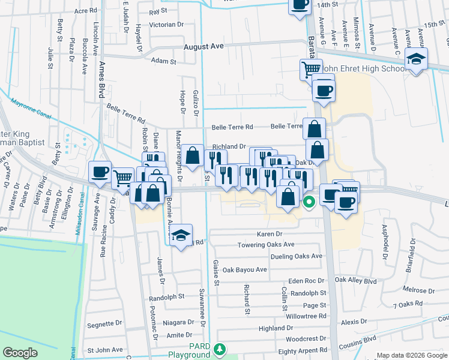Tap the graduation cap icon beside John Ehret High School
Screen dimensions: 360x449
414,59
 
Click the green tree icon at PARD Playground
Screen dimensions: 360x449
221,349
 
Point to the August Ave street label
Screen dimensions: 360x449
203,46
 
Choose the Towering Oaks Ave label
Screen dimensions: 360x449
266,245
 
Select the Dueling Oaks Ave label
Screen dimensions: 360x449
297,256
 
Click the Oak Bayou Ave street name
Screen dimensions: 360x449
244,270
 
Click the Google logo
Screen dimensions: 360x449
20,353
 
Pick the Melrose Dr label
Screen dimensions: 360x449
418,290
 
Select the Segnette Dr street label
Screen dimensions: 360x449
105,324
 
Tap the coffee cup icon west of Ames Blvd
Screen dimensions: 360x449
100,173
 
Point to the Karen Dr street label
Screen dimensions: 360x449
270,234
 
